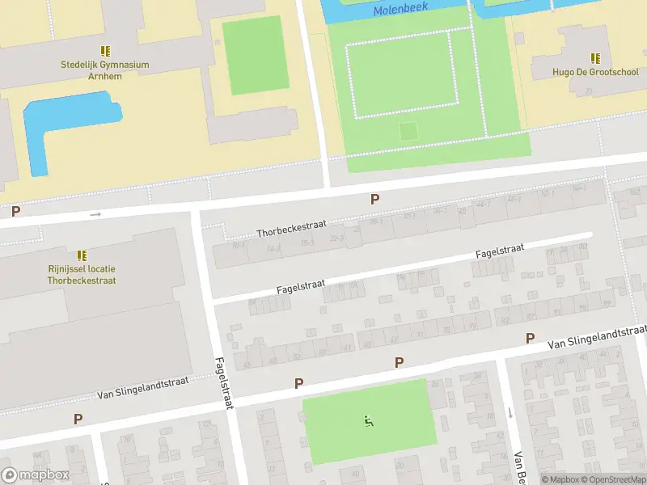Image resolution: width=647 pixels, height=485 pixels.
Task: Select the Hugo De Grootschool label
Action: [x=595, y=72]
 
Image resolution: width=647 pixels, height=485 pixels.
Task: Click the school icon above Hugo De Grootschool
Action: [x=595, y=57]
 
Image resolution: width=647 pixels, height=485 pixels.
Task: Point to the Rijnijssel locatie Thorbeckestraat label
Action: [x=81, y=274]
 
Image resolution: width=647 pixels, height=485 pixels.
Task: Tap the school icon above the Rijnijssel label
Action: [x=81, y=255]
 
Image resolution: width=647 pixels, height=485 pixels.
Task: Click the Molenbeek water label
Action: [x=400, y=11]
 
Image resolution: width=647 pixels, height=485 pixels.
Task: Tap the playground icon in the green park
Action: [x=369, y=420]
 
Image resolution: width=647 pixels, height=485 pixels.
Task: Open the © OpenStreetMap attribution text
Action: [x=611, y=479]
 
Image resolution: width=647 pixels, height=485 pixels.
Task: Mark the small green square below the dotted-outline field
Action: [x=409, y=130]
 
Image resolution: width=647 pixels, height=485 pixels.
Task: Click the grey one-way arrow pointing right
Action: [x=95, y=214]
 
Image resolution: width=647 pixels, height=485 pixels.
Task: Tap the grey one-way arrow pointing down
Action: [x=510, y=412]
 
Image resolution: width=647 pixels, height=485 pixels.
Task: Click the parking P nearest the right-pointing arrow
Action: [x=15, y=212]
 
